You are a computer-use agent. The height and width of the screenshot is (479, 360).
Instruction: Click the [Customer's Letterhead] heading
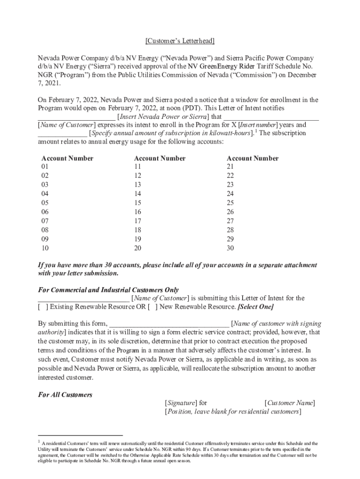click(180, 41)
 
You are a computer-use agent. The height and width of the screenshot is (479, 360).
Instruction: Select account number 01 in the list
click(45, 167)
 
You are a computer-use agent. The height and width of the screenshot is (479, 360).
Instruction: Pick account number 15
click(137, 203)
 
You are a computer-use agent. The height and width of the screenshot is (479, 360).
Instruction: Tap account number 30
click(230, 248)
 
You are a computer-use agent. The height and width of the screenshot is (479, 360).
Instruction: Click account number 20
click(137, 248)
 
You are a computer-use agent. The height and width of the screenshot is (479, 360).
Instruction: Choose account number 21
click(230, 167)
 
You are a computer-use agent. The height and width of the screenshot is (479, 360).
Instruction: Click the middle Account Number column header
click(159, 158)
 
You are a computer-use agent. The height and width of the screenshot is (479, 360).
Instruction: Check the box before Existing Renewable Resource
click(43, 307)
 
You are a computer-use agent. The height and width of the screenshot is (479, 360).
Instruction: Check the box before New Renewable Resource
click(152, 307)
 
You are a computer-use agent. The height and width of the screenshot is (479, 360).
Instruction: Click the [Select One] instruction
click(255, 307)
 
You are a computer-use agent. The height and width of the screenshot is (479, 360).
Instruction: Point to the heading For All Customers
click(65, 394)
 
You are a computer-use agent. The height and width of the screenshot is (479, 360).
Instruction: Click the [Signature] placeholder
click(180, 403)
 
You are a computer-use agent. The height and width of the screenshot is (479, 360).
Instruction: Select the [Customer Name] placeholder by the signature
click(289, 403)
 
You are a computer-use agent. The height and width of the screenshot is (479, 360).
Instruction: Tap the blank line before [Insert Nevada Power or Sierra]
click(77, 117)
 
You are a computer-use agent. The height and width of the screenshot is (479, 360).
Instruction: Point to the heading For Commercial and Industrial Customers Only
click(108, 290)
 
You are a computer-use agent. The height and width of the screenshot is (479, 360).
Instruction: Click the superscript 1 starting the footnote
click(39, 441)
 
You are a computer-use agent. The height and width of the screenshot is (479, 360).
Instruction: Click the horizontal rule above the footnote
click(80, 435)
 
